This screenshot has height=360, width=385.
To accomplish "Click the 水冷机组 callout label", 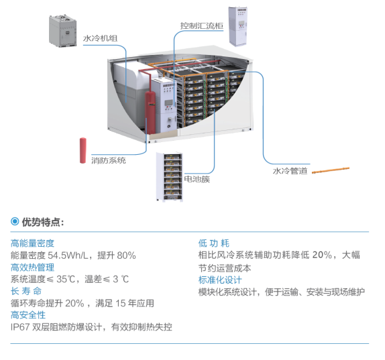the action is [100, 38].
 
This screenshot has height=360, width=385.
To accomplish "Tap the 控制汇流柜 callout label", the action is [202, 25].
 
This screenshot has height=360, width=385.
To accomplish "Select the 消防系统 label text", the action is [109, 160].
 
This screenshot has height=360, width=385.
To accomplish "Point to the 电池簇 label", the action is [197, 179].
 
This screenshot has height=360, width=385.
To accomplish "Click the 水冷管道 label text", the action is [290, 171].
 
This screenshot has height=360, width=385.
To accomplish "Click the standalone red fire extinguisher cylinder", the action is [83, 150].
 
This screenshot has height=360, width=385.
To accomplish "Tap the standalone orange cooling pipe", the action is [331, 170].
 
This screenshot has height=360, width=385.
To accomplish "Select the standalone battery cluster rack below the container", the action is [170, 177].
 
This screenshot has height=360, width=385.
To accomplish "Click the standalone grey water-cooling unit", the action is [62, 31].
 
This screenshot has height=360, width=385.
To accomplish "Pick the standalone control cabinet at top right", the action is [237, 26].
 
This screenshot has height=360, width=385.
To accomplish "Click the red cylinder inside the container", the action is [150, 113].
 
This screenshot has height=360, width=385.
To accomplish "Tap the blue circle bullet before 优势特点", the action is [15, 221].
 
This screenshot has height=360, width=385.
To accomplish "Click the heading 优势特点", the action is [43, 222].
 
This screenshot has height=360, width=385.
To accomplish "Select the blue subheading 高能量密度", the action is [32, 243].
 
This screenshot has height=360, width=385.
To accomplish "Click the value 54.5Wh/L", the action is [68, 255].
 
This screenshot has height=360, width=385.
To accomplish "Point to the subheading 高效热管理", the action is [32, 267].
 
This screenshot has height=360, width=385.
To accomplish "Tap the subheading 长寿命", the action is [26, 292].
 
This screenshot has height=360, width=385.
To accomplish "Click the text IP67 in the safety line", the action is [20, 327].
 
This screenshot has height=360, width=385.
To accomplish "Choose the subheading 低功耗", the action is [214, 243].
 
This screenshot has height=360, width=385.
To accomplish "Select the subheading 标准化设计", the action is [220, 280].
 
